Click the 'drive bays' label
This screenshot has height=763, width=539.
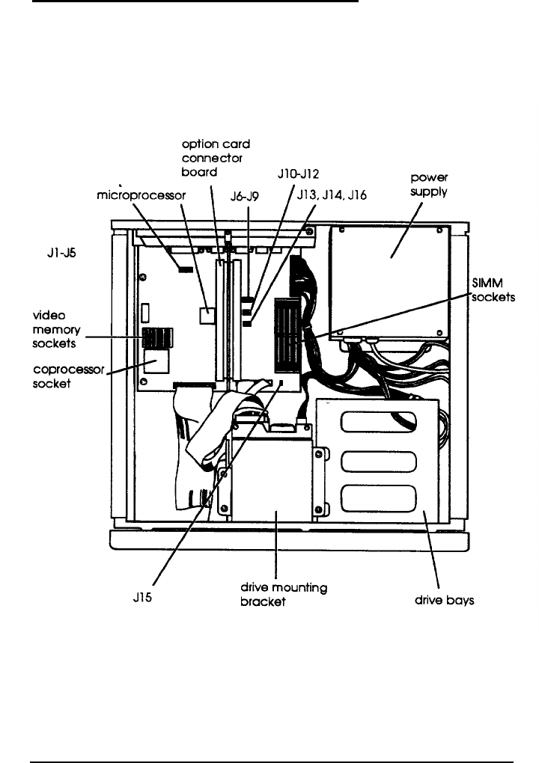445,601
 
